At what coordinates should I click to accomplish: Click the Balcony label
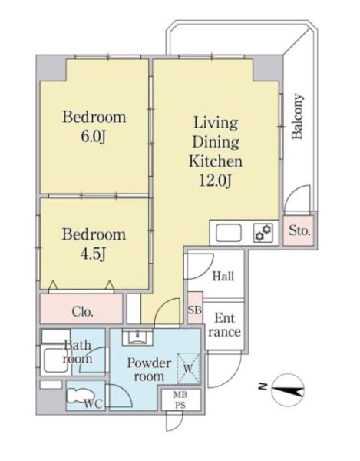coord(297,116)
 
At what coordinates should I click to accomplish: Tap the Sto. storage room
coord(299,230)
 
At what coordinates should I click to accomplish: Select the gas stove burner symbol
coord(263,233)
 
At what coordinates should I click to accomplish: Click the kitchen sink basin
coord(229,233)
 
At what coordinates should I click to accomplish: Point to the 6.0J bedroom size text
coord(94,137)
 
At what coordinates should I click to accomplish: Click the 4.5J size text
coord(94,254)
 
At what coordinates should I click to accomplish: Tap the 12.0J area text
coord(216,181)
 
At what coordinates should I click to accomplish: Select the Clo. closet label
coord(82,311)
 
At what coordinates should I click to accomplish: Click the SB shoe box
coord(195,308)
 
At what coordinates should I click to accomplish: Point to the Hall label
coord(223,277)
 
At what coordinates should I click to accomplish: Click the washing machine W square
coord(189,368)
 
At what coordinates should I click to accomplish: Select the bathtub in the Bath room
coord(55,360)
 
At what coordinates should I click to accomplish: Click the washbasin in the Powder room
coord(137,337)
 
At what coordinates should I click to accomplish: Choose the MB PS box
coord(181,400)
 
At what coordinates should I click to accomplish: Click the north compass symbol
coord(288,390)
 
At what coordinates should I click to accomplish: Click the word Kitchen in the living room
coord(216,161)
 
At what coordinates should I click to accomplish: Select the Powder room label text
coord(149,370)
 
